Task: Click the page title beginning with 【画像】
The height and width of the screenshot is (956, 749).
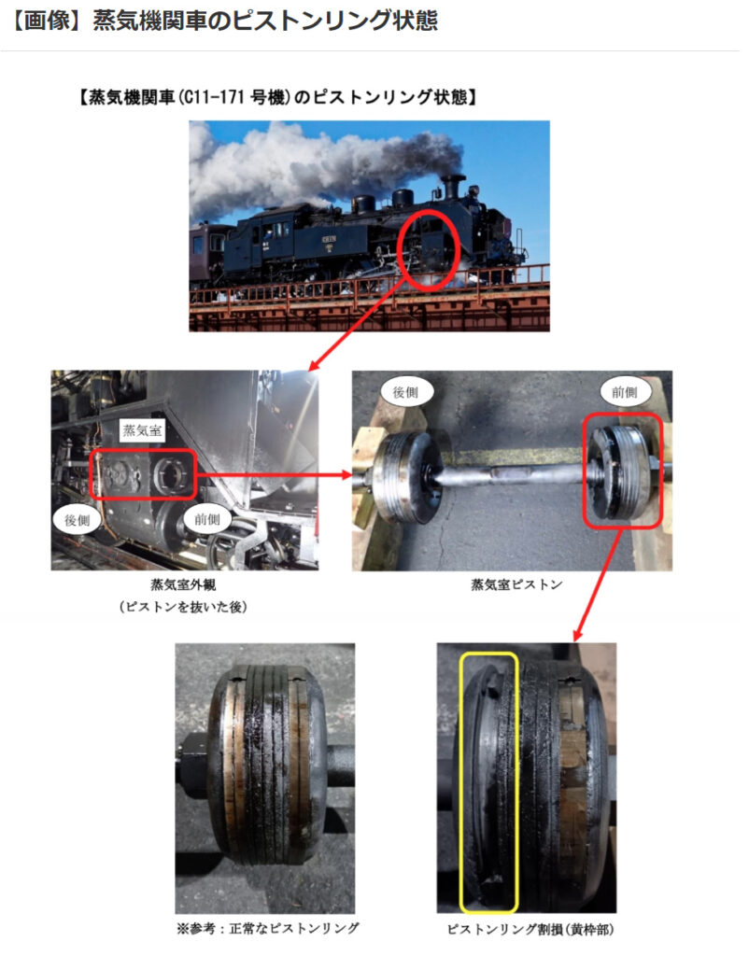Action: pos(224,21)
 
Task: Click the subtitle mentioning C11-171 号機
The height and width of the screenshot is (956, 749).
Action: pos(277,97)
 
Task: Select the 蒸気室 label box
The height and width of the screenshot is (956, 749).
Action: pos(142,430)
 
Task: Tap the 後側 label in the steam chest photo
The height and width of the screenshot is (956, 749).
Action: pos(77,520)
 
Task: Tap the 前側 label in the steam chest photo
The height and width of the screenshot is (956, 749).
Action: pos(206,519)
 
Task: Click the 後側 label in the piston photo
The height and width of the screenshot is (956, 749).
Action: pos(405,392)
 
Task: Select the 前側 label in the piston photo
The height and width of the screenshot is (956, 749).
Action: pos(624,392)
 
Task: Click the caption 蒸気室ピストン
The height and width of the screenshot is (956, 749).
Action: pos(516,584)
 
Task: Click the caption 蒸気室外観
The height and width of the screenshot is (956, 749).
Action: pos(183,584)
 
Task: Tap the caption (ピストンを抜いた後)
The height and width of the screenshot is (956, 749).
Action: pos(183,607)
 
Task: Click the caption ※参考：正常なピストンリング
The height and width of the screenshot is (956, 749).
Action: pos(268,928)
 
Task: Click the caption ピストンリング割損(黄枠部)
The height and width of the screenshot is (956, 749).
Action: pos(530,929)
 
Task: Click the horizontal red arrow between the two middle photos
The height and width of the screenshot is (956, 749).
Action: pos(275,474)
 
